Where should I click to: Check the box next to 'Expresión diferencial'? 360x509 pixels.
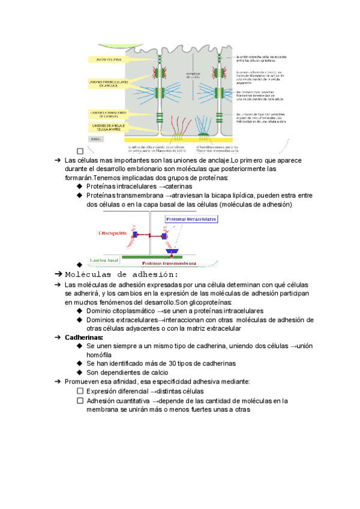pos(80,391)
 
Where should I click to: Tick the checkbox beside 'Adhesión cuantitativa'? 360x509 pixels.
pos(80,400)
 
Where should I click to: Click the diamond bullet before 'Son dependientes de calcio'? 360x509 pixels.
pos(79,372)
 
